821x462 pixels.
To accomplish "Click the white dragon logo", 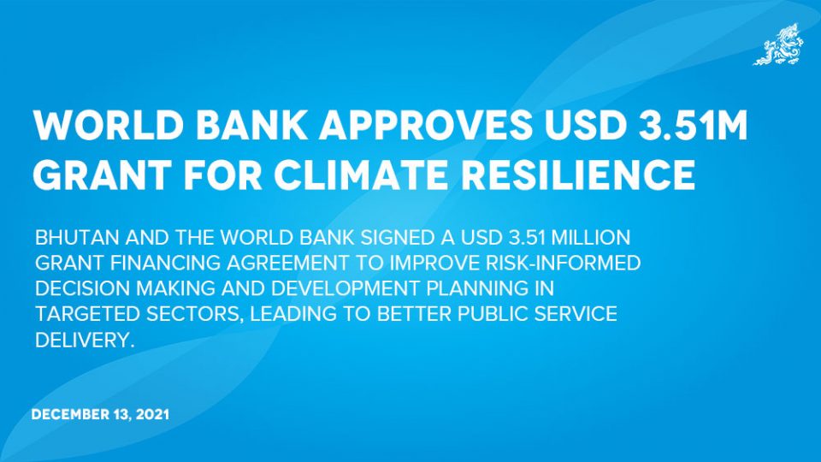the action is click(x=778, y=44).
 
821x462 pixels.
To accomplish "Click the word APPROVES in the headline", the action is click(x=426, y=126).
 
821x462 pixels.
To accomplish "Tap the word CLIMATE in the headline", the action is click(x=361, y=175).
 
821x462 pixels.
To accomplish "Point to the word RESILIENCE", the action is click(x=578, y=175).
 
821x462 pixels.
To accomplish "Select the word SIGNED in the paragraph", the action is click(x=398, y=237).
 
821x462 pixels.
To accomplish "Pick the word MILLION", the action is click(x=591, y=237).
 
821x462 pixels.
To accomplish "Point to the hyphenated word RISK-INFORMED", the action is click(x=564, y=263).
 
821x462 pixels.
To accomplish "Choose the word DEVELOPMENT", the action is click(x=346, y=288).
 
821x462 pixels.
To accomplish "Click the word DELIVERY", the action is click(x=85, y=341).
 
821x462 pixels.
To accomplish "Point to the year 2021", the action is click(x=152, y=414).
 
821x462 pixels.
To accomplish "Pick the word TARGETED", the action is click(x=88, y=314).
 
